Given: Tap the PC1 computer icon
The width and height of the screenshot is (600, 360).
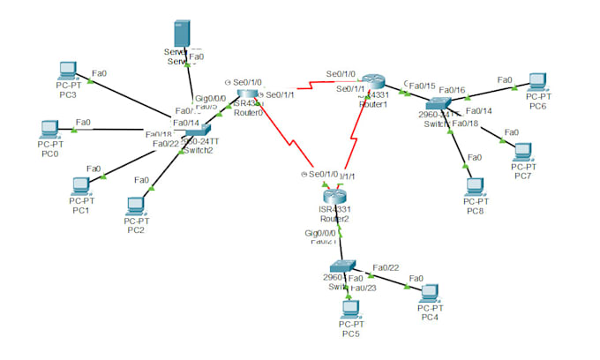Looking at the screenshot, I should pos(81,185).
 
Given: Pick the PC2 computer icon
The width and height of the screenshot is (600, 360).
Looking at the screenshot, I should pos(135,206).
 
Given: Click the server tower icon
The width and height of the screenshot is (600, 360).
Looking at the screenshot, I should pos(180,35).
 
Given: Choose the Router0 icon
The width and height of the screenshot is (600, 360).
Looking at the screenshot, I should pos(249,94).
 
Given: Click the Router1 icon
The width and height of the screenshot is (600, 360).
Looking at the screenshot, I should pos(373,82).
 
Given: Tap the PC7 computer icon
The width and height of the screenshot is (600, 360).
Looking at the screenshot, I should pos(523,151).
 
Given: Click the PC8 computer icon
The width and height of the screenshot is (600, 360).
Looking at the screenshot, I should pos(475,187).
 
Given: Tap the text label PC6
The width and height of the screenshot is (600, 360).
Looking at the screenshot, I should pos(537,106).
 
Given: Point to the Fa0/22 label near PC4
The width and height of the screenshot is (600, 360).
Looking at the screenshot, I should pos(386,267).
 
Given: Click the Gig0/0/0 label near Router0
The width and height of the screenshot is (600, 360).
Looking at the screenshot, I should pos(209,99).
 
